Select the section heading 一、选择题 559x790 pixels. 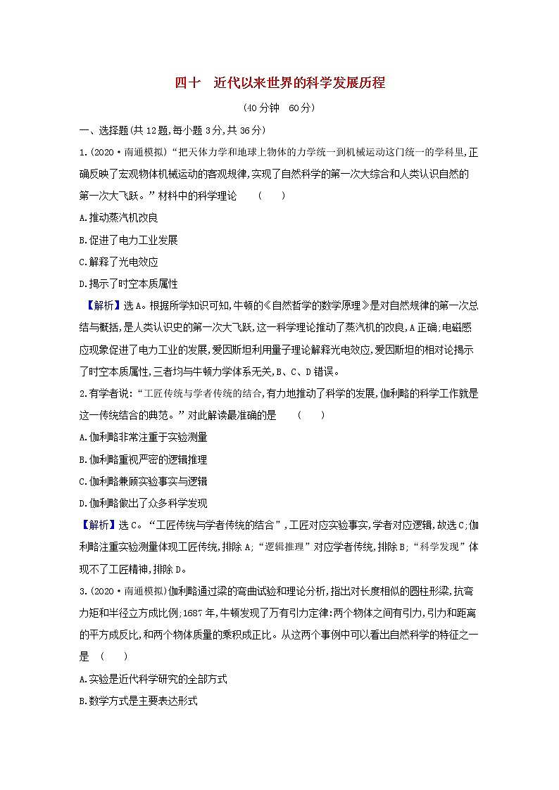102,130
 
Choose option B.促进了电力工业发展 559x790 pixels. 129,240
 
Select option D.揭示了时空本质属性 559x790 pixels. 129,283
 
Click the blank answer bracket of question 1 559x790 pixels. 271,195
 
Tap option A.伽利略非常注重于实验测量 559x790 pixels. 144,437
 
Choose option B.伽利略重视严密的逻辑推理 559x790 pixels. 144,459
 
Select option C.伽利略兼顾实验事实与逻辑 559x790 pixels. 144,481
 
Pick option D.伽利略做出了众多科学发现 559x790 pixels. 144,503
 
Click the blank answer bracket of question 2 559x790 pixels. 310,415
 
